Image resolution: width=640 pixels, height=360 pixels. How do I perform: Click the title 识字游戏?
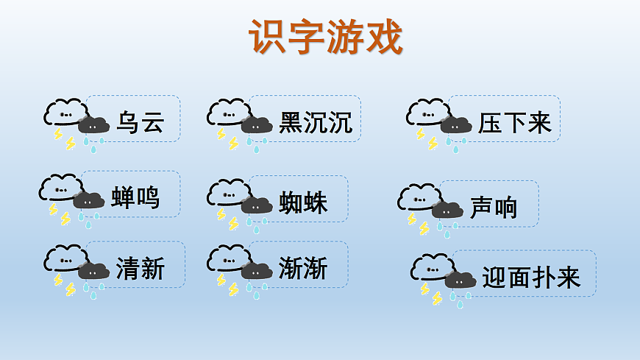pos(325,36)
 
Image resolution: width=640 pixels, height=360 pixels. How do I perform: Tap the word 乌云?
pos(140,123)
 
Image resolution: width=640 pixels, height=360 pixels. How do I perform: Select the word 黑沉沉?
pos(316,123)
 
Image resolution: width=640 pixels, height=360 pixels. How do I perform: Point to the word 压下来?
pos(514,123)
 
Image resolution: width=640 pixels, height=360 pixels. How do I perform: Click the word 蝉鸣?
pos(135,197)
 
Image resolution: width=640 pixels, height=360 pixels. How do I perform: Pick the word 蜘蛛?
pos(303,202)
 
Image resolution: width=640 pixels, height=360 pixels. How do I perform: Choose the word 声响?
pos(494,208)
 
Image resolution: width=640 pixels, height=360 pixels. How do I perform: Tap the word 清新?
pos(140,269)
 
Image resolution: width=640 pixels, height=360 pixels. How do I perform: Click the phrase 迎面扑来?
pos(531,278)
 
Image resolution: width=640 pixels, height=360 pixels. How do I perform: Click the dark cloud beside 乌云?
pos(94,125)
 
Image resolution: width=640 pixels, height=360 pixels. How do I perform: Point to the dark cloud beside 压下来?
pos(456,125)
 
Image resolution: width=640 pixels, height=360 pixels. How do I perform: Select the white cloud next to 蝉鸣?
pos(59,187)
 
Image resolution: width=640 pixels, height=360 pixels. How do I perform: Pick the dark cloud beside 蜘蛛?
pos(257,205)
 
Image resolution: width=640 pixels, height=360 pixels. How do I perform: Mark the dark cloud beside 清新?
pos(94,271)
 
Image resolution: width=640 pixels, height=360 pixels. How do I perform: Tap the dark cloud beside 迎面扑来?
pos(461,280)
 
